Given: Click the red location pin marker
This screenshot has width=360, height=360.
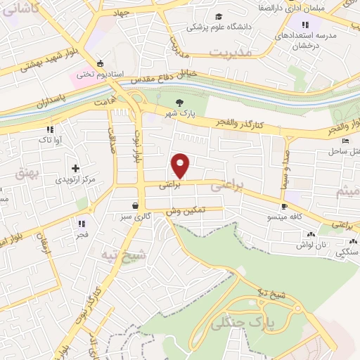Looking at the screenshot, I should click(181, 165).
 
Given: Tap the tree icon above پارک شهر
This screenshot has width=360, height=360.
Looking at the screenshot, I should click(179, 102).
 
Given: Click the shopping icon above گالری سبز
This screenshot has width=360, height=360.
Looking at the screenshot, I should click(134, 207).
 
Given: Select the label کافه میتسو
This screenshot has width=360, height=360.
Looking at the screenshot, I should click(284, 218).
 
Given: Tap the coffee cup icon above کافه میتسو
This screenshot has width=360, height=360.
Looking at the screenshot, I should click(283, 207).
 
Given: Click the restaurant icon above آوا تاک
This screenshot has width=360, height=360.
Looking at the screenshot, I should click(50, 129).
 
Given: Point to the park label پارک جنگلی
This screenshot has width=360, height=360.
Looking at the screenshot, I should click(247, 323).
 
